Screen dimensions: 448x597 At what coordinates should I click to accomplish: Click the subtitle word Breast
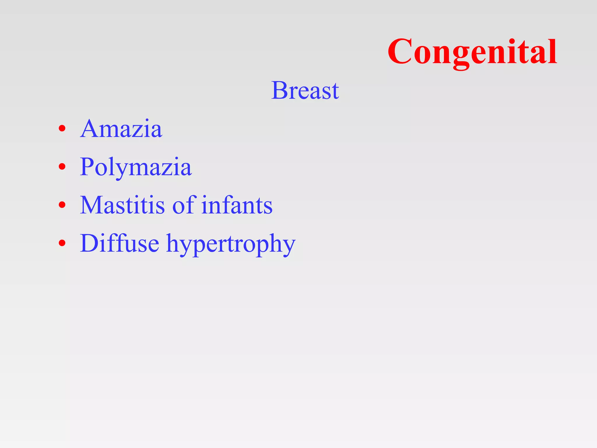point(305,90)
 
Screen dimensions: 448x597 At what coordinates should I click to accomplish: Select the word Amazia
point(121,129)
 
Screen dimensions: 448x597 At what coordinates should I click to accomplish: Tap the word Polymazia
point(136,167)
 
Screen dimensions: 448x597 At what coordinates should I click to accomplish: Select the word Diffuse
point(120,243)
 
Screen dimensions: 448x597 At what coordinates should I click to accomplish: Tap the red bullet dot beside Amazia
point(62,129)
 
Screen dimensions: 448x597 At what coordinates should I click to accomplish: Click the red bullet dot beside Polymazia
point(62,167)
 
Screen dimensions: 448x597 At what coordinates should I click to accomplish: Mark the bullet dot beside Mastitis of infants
point(62,205)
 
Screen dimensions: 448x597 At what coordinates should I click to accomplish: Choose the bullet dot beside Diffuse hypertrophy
point(62,243)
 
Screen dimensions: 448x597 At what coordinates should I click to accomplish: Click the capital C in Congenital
point(400,52)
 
